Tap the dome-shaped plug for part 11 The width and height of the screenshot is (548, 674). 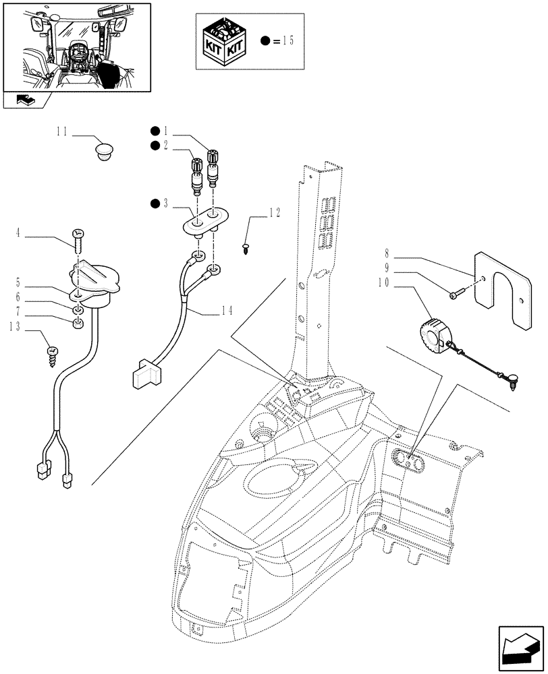pos(103,151)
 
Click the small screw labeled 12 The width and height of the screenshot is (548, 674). pos(246,247)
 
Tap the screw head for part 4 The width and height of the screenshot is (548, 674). pos(78,234)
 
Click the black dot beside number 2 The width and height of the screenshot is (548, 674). pos(155,145)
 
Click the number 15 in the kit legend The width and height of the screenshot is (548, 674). pos(287,40)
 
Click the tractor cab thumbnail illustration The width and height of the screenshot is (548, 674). pos(76,46)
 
